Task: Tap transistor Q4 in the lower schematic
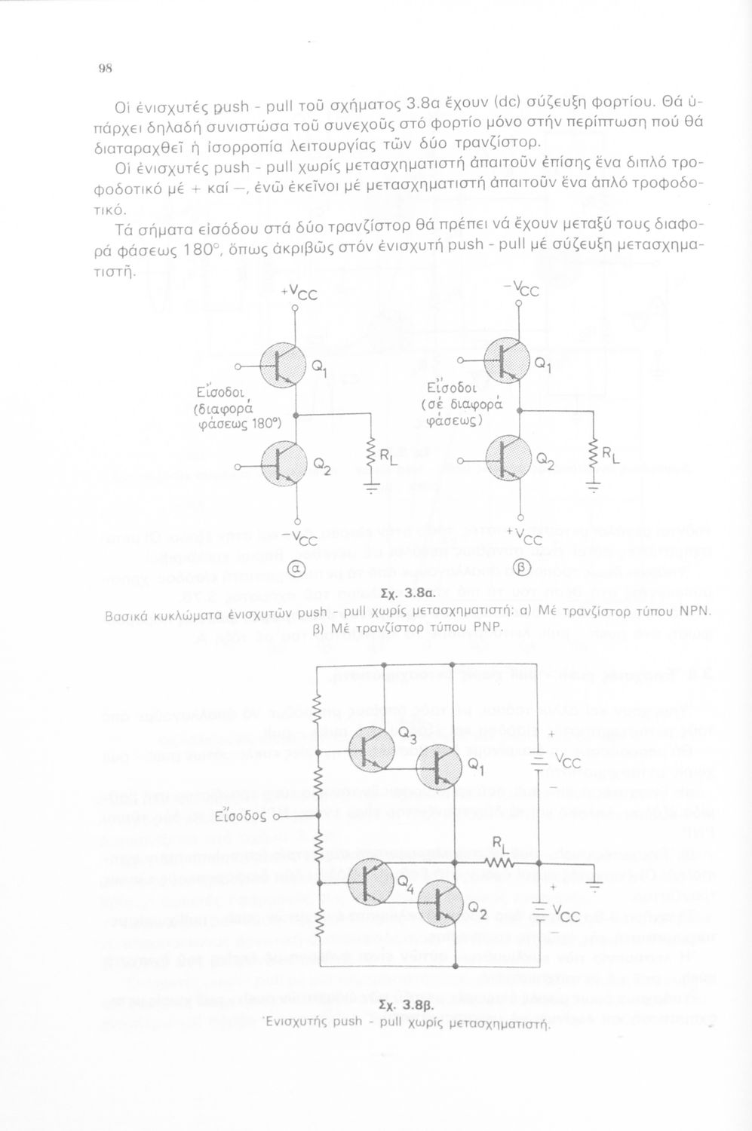[x=372, y=881]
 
